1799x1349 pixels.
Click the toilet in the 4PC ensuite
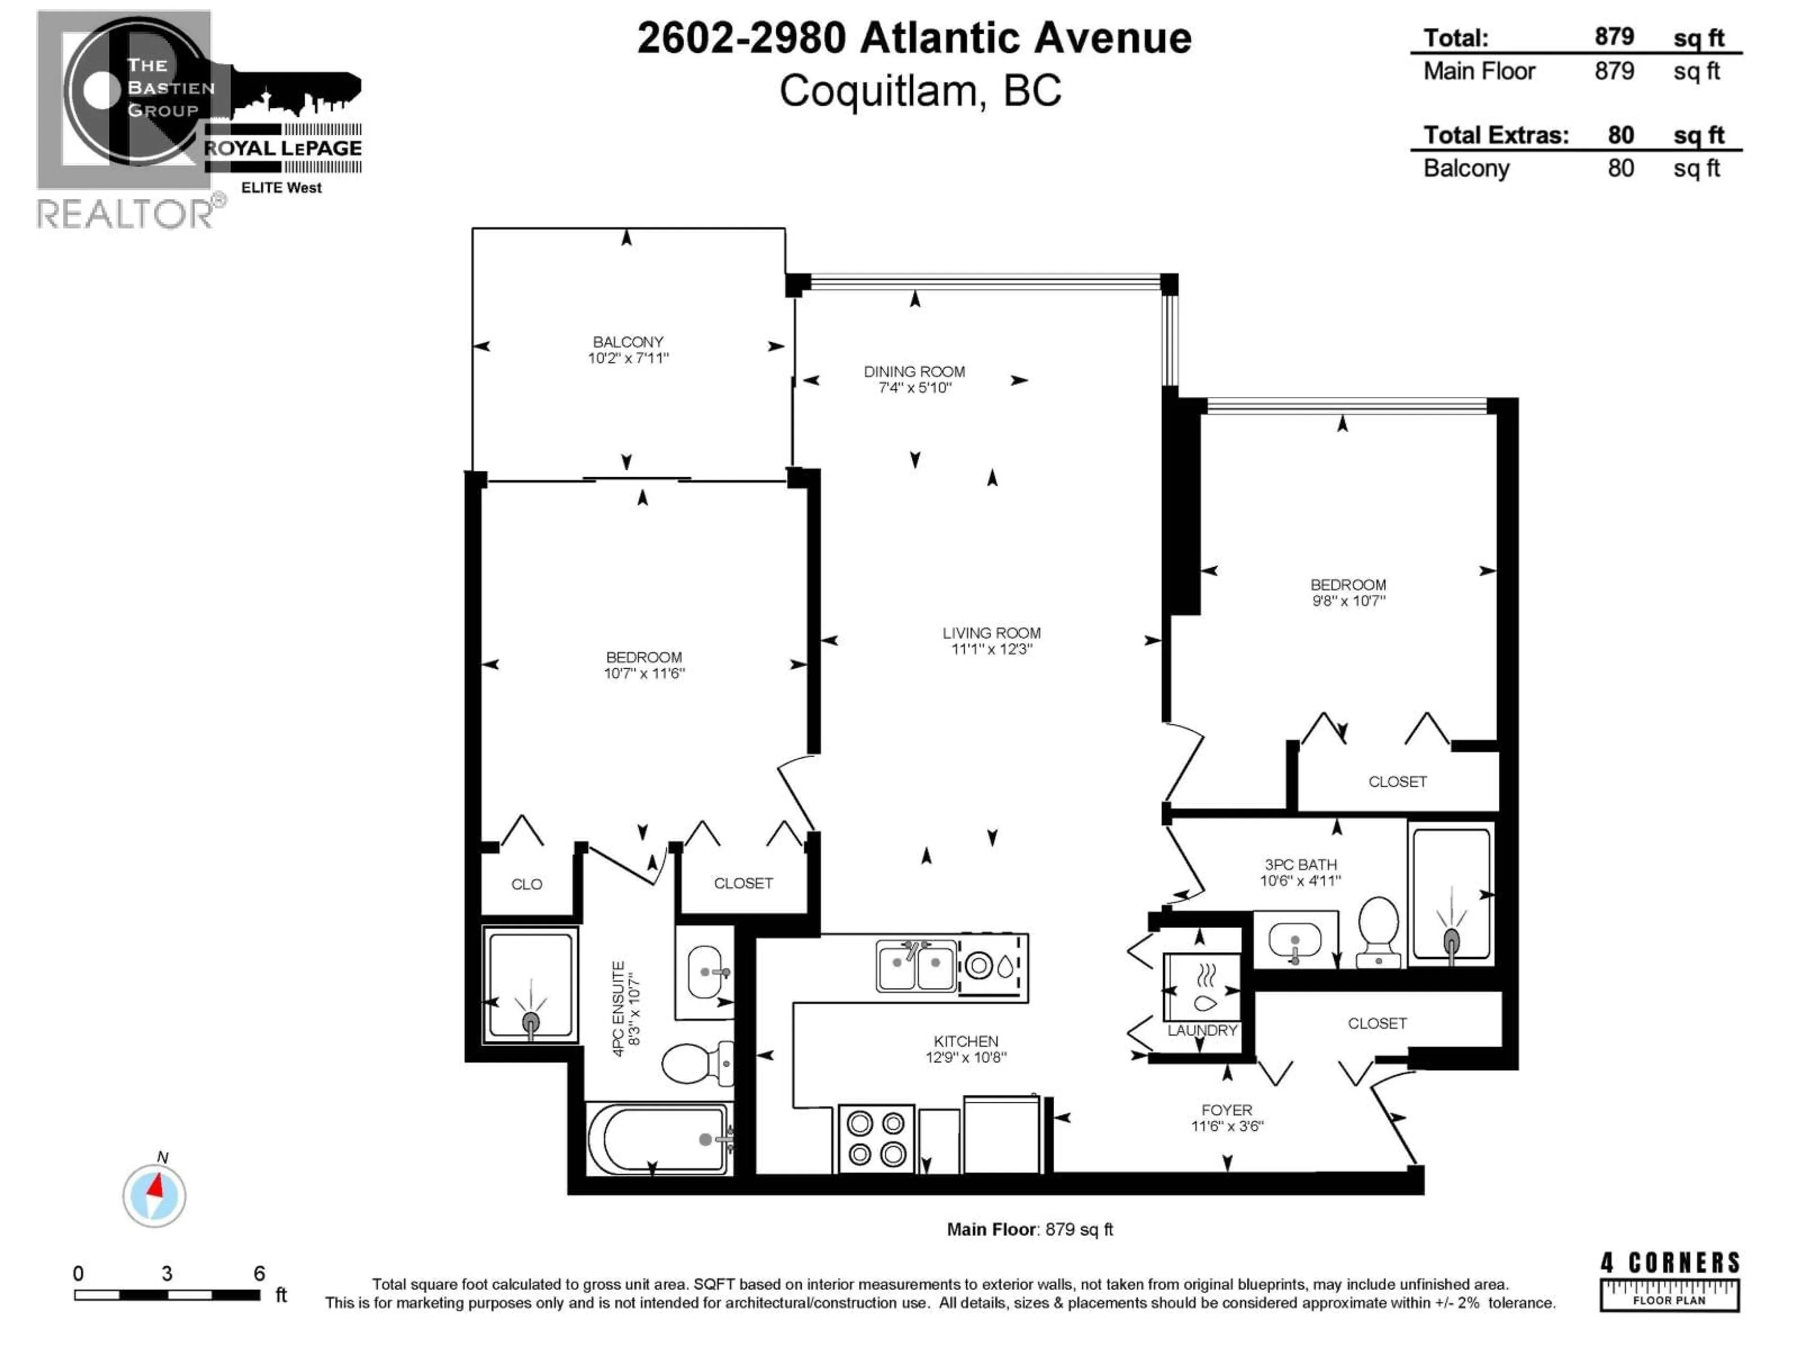click(x=695, y=1063)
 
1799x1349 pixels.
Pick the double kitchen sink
click(x=916, y=966)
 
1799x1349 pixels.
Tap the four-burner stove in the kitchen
click(x=876, y=1138)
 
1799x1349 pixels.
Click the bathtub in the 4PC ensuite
click(x=657, y=1138)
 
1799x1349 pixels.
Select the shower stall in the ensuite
click(x=529, y=985)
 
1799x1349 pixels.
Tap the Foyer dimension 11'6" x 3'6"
click(x=1227, y=1126)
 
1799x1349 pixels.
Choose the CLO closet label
click(x=526, y=884)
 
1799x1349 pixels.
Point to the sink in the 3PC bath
click(x=1294, y=941)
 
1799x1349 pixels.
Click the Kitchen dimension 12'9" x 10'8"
click(x=966, y=1057)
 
